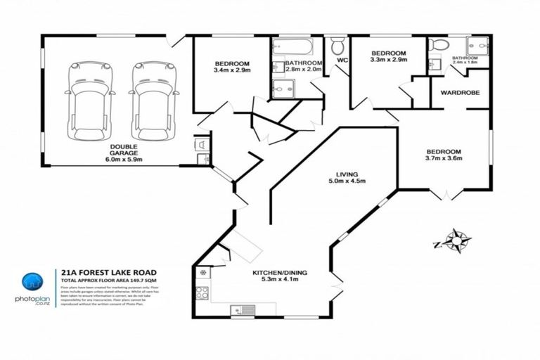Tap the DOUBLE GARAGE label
[124, 147]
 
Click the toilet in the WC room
[337, 47]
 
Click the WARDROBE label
[460, 92]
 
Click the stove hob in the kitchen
[202, 292]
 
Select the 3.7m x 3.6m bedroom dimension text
[442, 160]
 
